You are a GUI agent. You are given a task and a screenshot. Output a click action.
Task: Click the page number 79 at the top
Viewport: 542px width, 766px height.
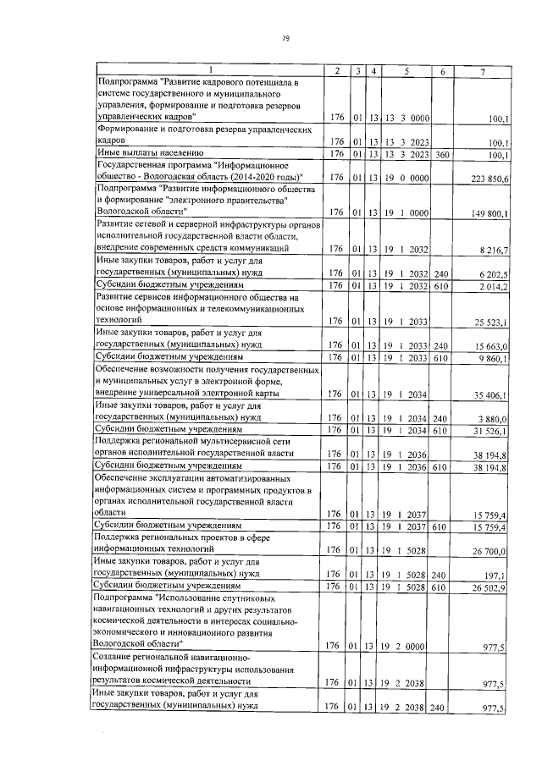pos(285,37)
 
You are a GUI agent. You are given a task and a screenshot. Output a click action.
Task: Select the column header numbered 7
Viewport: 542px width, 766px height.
pos(482,70)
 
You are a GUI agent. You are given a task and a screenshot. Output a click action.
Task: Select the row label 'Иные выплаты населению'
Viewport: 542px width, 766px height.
pos(146,153)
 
